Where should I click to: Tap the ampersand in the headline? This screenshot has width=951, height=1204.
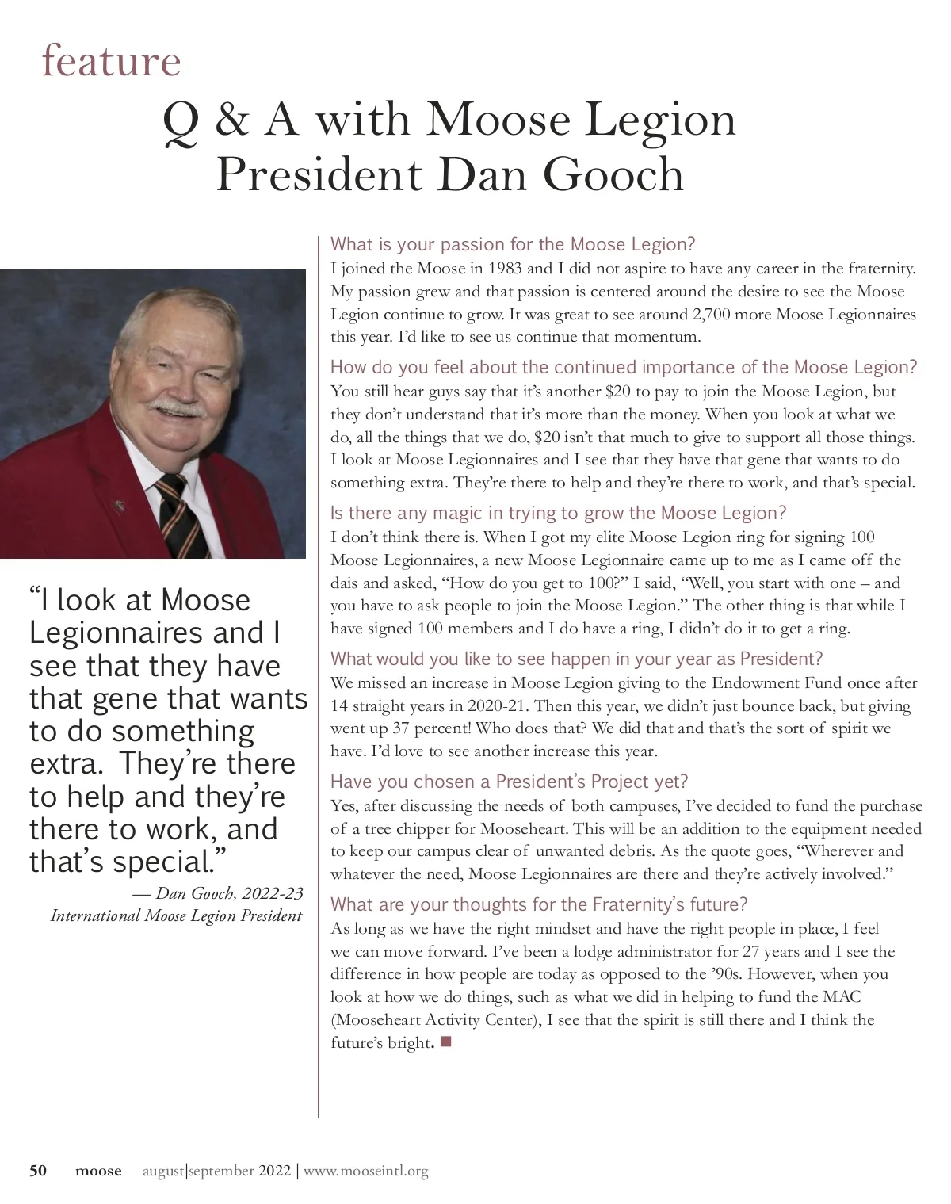click(231, 120)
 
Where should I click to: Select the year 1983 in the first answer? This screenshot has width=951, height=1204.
click(506, 268)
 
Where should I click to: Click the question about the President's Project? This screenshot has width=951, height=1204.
click(509, 782)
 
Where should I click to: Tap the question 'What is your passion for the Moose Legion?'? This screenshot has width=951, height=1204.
click(513, 244)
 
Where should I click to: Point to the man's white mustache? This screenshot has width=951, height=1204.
click(178, 410)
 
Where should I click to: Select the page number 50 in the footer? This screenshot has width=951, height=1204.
click(38, 1171)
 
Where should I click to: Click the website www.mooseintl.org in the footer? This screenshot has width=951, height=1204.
click(366, 1171)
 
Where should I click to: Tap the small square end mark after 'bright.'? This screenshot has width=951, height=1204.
click(445, 1042)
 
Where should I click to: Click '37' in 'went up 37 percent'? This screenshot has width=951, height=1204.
click(401, 728)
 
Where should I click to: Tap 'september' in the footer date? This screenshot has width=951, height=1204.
click(222, 1171)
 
